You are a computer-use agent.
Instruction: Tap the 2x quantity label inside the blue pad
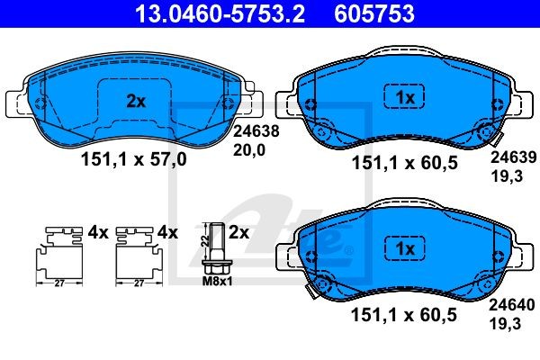pyautogui.click(x=135, y=102)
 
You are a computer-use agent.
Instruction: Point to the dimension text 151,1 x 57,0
pyautogui.click(x=135, y=161)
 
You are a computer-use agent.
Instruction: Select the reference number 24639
pyautogui.click(x=506, y=156)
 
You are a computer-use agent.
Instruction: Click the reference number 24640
pyautogui.click(x=506, y=305)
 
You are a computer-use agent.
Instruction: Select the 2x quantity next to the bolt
pyautogui.click(x=238, y=231)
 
